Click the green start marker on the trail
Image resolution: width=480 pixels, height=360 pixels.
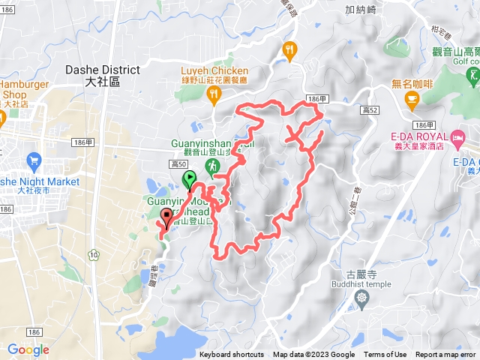point(189,179)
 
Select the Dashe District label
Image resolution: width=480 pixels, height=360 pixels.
point(103,73)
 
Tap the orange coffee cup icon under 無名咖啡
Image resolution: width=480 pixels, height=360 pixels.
point(412,97)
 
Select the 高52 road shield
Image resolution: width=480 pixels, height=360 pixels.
point(367,109)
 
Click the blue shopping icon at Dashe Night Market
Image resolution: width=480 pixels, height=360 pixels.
point(33,160)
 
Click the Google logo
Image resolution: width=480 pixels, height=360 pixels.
point(28,349)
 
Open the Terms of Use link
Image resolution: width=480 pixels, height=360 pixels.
point(385,355)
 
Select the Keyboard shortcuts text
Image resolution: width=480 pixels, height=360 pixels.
point(232,355)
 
